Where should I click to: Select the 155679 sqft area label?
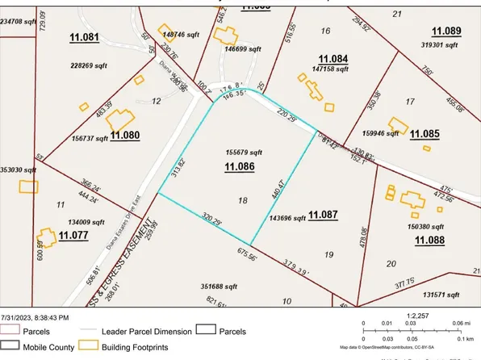pos(245,151)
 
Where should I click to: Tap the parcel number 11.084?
pos(333,59)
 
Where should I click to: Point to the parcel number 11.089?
pos(445,31)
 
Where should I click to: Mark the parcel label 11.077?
pos(73,237)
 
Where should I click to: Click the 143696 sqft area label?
pos(288,217)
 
